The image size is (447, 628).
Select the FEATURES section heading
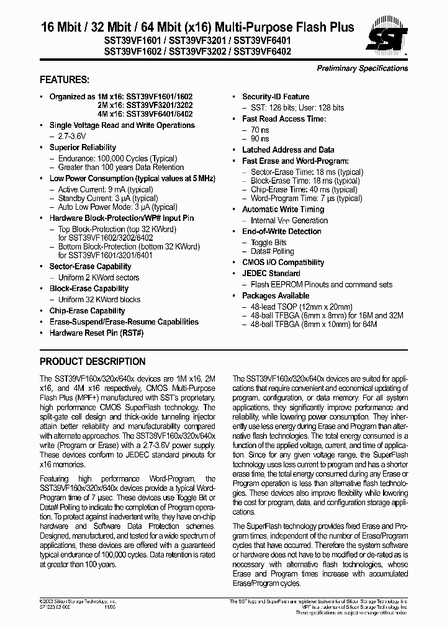coord(65,80)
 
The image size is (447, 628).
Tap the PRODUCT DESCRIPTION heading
coord(93,362)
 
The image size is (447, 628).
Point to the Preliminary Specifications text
coord(363,68)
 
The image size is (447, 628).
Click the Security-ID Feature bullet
coord(276,97)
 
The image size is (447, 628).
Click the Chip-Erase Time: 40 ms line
coord(304,190)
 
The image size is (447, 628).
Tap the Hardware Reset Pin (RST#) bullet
coord(96,333)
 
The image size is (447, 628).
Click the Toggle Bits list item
coord(268,243)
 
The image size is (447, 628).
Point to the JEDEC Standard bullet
coord(271,274)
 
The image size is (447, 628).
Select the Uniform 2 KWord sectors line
coord(99,277)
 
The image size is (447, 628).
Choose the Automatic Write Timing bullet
coord(283,210)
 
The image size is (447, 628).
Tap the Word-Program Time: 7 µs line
coord(306,199)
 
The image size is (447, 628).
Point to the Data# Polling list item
coord(272,252)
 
